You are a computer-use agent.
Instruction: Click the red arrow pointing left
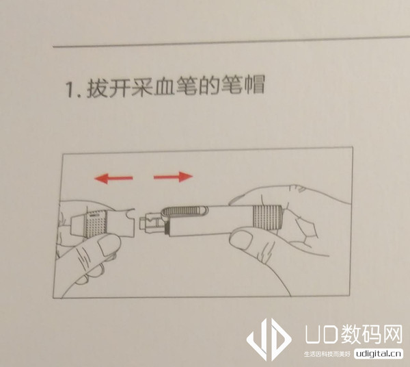click(113, 179)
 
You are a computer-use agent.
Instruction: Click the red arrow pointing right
click(173, 177)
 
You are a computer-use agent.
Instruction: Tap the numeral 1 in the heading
click(70, 90)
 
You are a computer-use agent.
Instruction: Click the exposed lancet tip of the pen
click(150, 220)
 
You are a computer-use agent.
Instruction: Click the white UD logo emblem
click(269, 340)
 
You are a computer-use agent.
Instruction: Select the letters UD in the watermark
click(319, 336)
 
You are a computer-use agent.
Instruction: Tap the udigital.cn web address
click(378, 354)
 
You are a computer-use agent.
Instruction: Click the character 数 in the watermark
click(346, 335)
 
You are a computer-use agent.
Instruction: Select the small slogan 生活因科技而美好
click(327, 355)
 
